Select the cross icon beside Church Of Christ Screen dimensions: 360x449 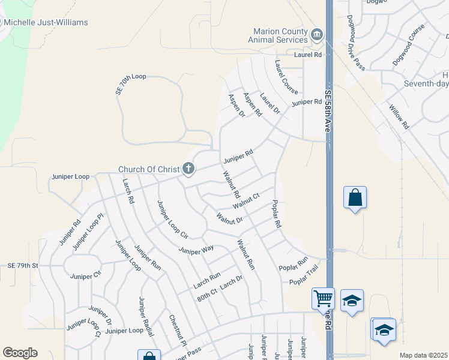pos(188,169)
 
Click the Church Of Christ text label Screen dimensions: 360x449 pos(148,169)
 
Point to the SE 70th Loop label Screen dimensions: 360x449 pos(130,85)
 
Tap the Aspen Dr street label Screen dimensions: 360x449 pos(237,105)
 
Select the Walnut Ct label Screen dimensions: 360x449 pos(246,200)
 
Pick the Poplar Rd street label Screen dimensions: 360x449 pos(276,214)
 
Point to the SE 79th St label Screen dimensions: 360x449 pos(23,265)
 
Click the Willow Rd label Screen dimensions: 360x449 pos(398,118)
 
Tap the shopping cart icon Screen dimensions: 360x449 pos(323,298)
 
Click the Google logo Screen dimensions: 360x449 pos(20,352)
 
